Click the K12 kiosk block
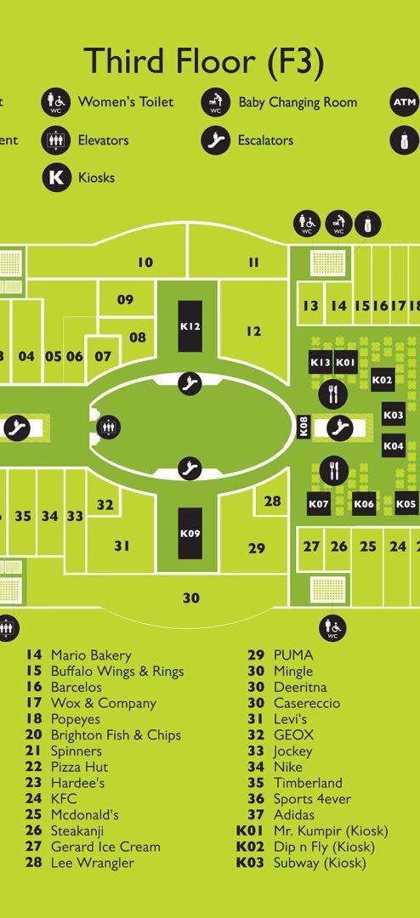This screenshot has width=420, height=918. click(190, 326)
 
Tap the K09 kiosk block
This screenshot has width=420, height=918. click(190, 533)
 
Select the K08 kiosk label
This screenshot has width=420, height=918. click(304, 426)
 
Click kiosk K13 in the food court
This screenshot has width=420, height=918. click(321, 362)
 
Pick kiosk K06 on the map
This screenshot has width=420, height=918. click(364, 503)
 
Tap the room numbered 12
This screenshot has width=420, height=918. click(253, 331)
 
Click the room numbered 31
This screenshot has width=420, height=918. click(122, 546)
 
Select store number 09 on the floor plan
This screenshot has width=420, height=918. click(125, 300)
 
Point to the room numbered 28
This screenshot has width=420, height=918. click(272, 501)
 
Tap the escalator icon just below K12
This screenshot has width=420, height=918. click(190, 383)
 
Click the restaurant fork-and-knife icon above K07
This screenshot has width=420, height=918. click(334, 471)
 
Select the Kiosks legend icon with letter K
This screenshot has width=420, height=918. click(56, 177)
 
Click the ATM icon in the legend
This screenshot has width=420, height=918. click(404, 103)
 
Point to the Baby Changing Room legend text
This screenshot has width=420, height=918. click(298, 103)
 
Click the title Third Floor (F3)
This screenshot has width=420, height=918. click(204, 62)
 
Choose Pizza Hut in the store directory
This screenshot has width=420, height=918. click(80, 767)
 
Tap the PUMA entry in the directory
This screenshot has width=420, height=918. click(293, 655)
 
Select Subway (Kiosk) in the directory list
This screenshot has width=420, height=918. click(320, 863)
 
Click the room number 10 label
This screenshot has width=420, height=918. click(145, 263)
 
